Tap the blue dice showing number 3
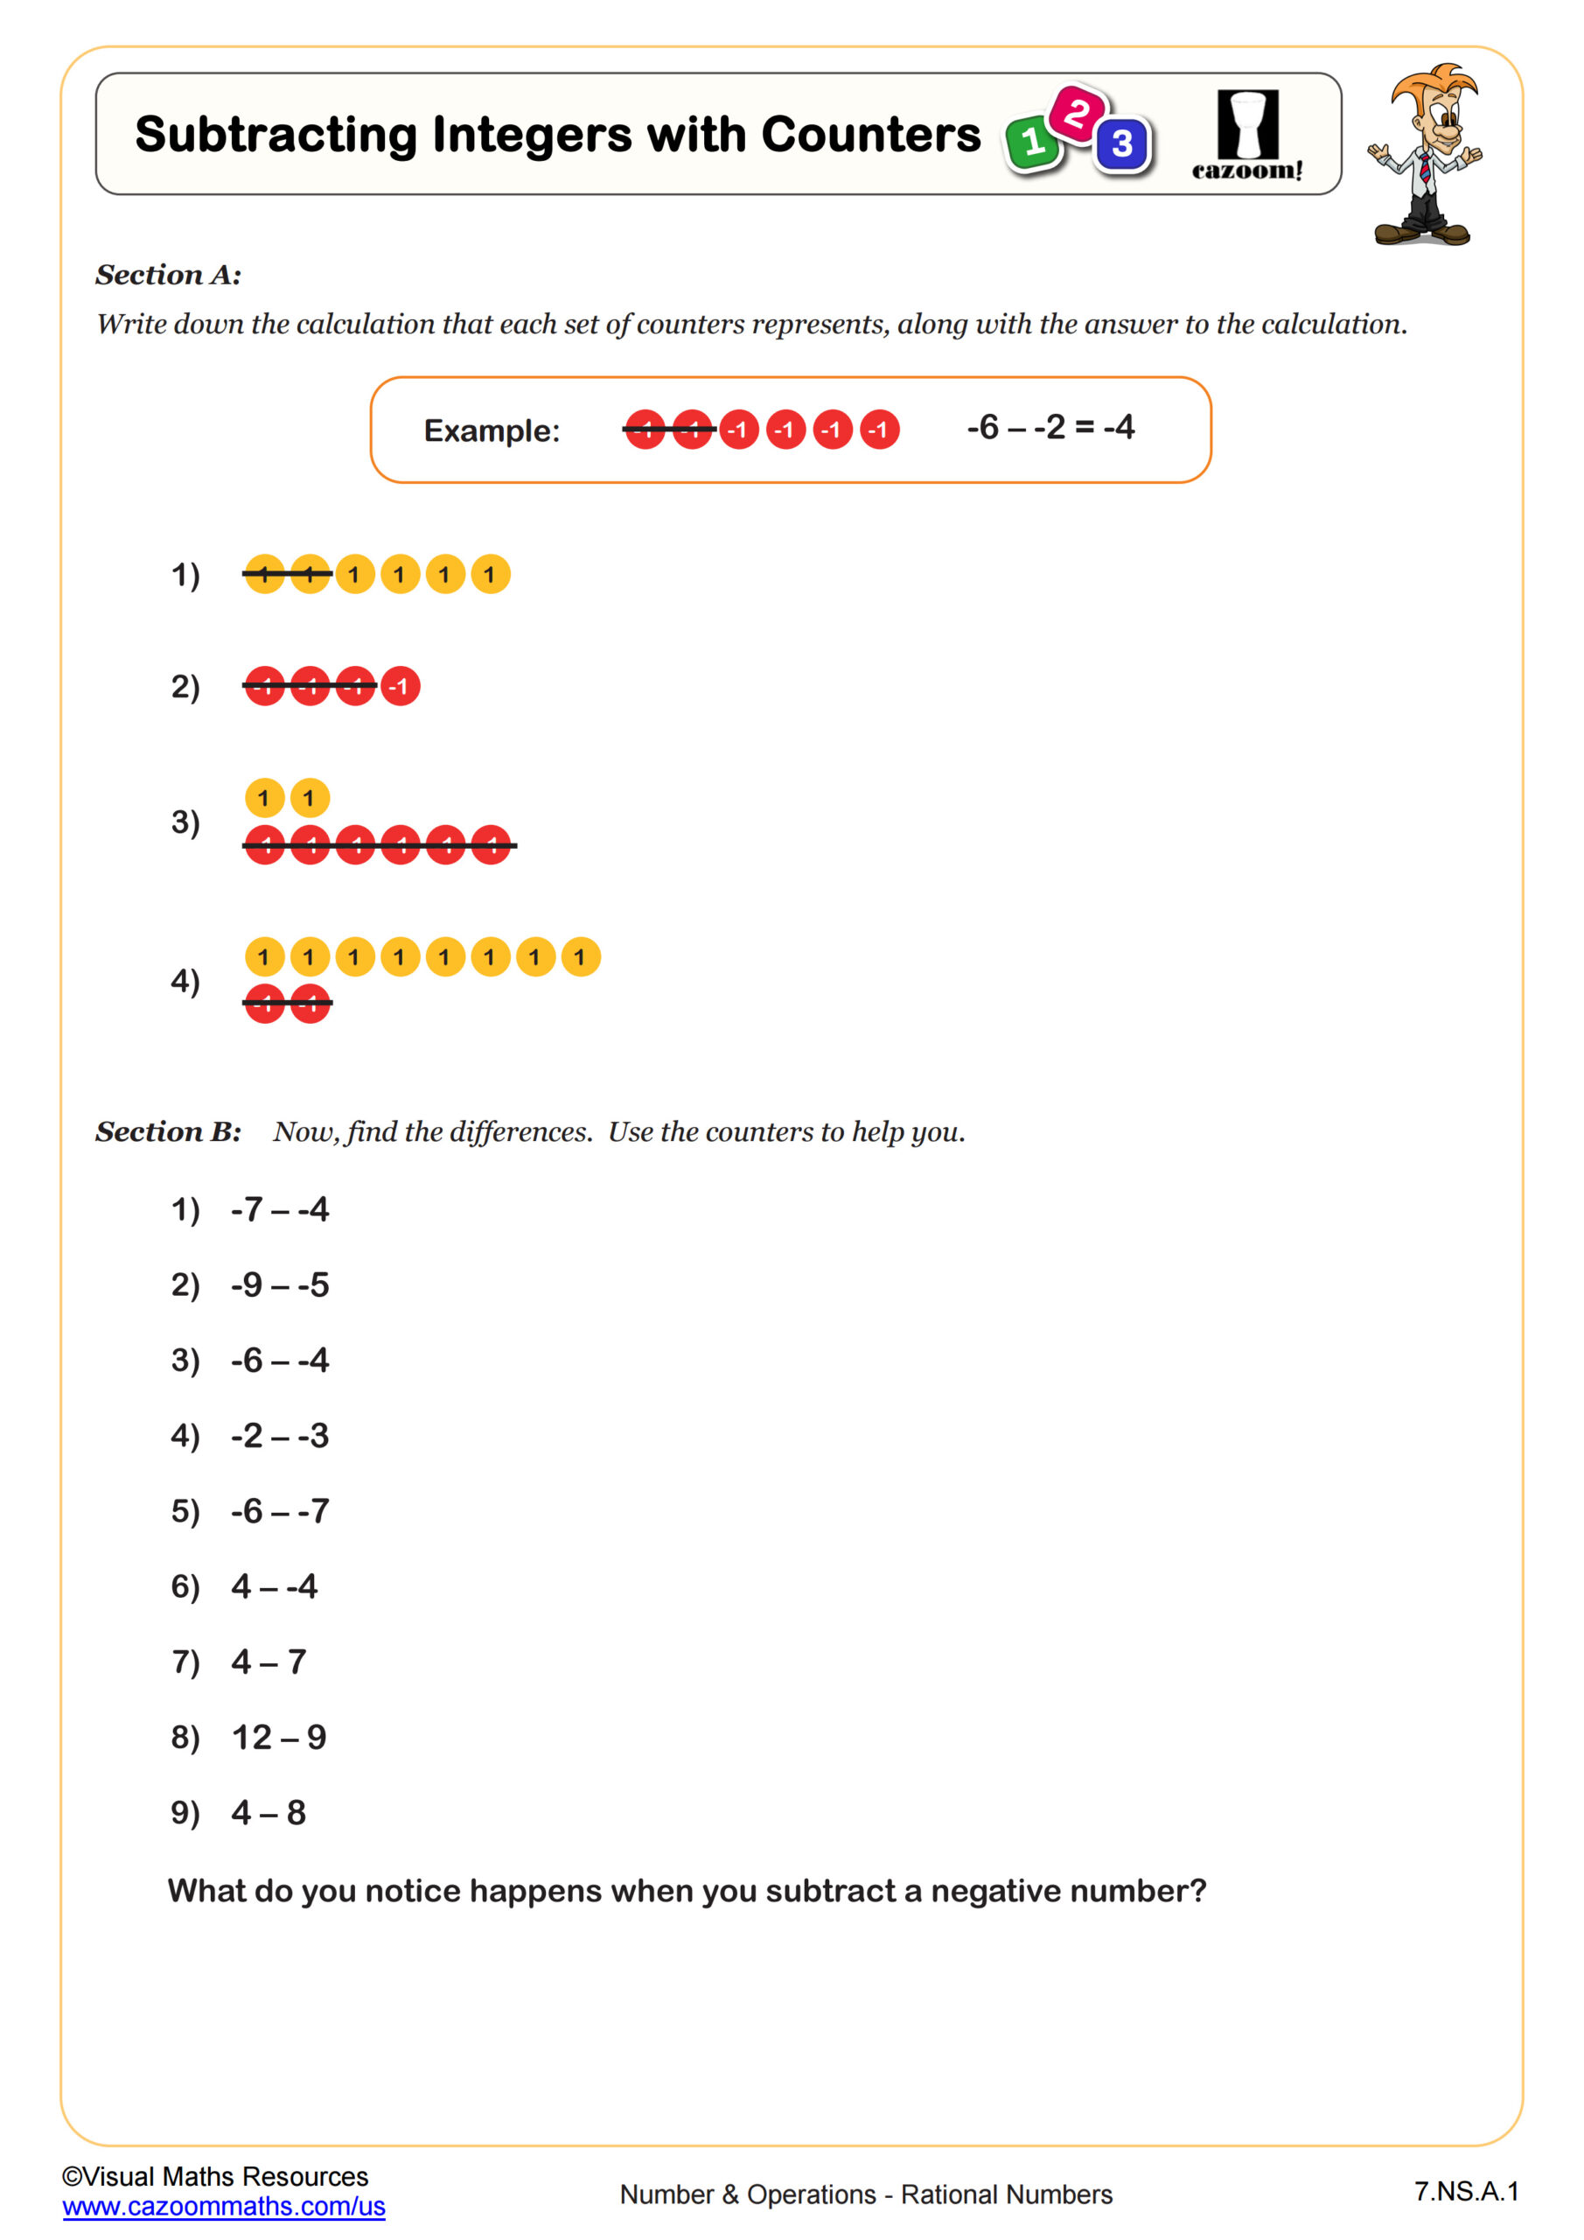[1121, 144]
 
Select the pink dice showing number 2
[1076, 113]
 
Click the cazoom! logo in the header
[1246, 135]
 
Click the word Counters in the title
[870, 135]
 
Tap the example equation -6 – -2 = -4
[1050, 427]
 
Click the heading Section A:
[168, 275]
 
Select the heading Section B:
[168, 1131]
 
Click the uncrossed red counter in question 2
[400, 686]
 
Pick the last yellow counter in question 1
[490, 575]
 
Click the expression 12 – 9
[279, 1738]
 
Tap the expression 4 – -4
[274, 1586]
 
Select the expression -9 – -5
[280, 1284]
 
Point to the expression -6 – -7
[280, 1511]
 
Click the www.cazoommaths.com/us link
[223, 2207]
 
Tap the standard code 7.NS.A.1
[1466, 2191]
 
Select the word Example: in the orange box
[492, 430]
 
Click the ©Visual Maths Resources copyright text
[214, 2177]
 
